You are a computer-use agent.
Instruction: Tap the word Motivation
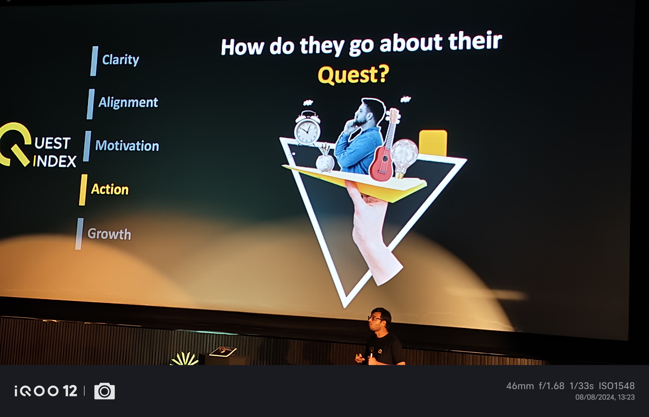[x=127, y=146]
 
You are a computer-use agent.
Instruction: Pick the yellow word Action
[x=110, y=189]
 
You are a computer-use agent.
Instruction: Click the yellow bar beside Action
[x=83, y=190]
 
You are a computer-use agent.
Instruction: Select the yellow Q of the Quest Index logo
[x=15, y=144]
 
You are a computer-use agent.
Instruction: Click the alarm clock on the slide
[x=307, y=128]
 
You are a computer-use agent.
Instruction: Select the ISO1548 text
[x=617, y=386]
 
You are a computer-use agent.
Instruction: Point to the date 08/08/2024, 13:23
[x=605, y=397]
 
